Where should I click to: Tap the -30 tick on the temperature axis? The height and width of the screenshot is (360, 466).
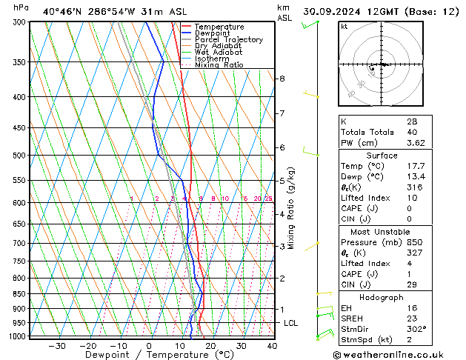pyautogui.click(x=56, y=345)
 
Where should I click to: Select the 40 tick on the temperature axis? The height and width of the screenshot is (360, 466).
pyautogui.click(x=272, y=345)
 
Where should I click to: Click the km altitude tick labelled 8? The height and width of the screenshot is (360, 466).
pyautogui.click(x=282, y=79)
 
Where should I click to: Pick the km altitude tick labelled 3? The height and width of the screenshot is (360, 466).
pyautogui.click(x=282, y=246)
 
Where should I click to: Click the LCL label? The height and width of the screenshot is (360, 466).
pyautogui.click(x=291, y=323)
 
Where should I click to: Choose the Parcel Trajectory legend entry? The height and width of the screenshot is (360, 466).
pyautogui.click(x=228, y=40)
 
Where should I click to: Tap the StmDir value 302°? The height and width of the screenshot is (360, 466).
pyautogui.click(x=416, y=329)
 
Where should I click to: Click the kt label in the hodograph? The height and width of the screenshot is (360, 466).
pyautogui.click(x=344, y=27)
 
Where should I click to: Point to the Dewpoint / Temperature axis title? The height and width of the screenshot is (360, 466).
pyautogui.click(x=149, y=355)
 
